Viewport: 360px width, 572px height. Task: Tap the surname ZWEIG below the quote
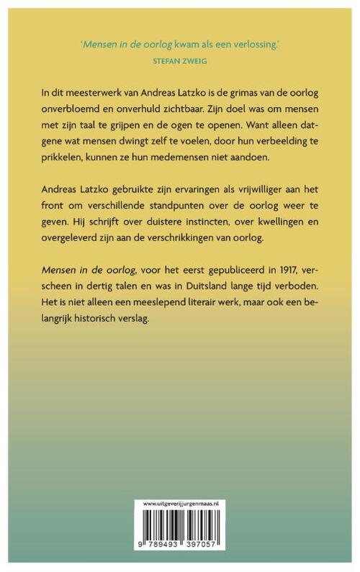click(194, 62)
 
